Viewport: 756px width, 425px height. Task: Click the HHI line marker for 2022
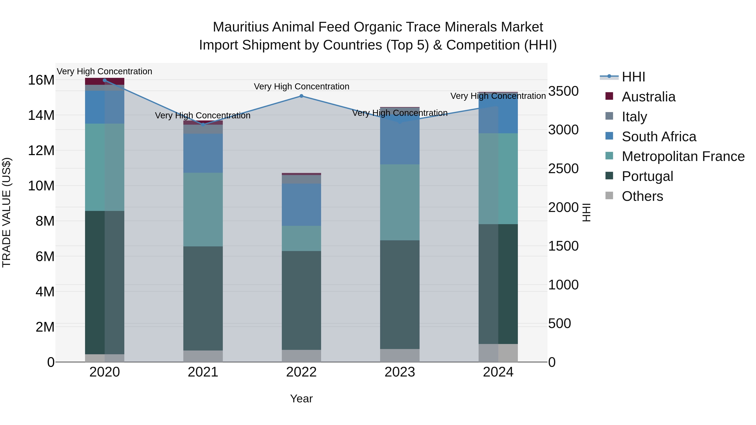pos(301,96)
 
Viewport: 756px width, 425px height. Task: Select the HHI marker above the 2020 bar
pos(105,80)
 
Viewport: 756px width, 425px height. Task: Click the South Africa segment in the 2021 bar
pos(203,153)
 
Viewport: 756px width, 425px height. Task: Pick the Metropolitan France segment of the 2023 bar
pos(399,202)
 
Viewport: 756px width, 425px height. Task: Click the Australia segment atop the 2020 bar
pos(105,81)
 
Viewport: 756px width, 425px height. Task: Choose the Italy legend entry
pos(634,117)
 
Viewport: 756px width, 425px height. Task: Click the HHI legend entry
pos(633,77)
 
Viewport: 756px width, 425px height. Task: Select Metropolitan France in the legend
pos(683,156)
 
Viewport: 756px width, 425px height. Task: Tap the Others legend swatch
pos(609,196)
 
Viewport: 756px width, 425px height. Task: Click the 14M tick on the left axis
pos(41,115)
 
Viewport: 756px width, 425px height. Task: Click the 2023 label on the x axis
pos(399,372)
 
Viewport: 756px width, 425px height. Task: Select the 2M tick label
pos(45,327)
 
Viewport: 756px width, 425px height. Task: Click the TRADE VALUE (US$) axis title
pos(7,212)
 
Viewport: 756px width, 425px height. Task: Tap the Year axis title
pos(301,399)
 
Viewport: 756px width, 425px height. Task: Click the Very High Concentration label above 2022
pos(301,86)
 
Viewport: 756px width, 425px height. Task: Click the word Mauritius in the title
pos(240,27)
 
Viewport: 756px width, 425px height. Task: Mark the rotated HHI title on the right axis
pos(586,212)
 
